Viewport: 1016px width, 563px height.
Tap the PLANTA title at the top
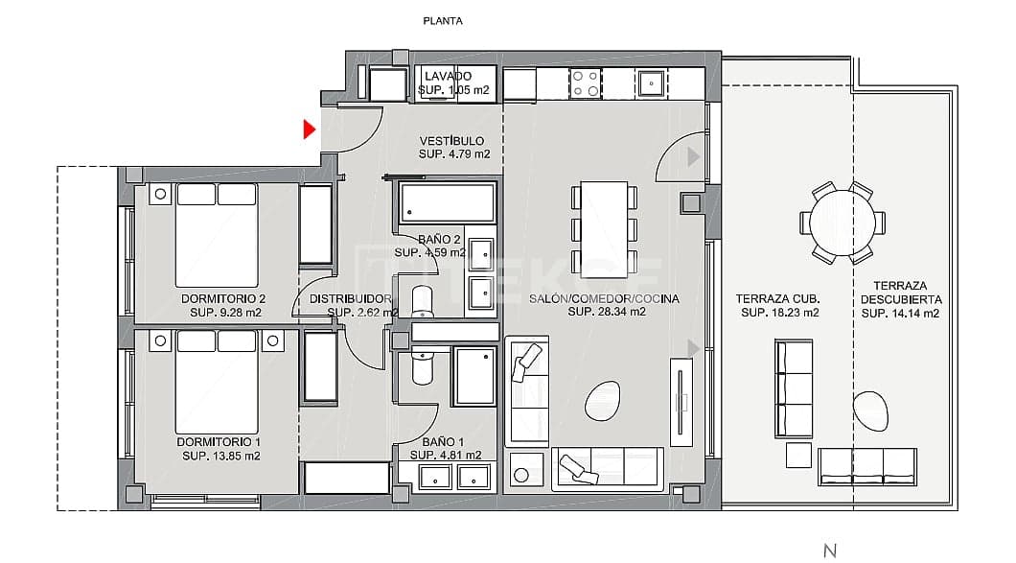tap(443, 20)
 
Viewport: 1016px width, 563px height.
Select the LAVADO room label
tap(448, 76)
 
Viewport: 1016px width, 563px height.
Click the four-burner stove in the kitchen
tap(585, 84)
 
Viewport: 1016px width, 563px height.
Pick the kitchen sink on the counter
tap(652, 82)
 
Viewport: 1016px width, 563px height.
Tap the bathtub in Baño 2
tap(448, 203)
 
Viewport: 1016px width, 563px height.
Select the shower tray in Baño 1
tap(474, 377)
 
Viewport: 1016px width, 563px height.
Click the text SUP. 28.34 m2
tap(606, 312)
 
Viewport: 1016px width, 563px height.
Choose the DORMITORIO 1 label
tap(219, 441)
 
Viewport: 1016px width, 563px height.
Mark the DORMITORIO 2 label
tap(222, 298)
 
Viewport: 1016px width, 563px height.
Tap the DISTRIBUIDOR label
tap(351, 298)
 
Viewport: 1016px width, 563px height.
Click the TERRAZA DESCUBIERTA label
tap(899, 293)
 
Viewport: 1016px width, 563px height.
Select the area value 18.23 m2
tap(779, 313)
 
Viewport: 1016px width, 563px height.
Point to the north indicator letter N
tap(830, 550)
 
